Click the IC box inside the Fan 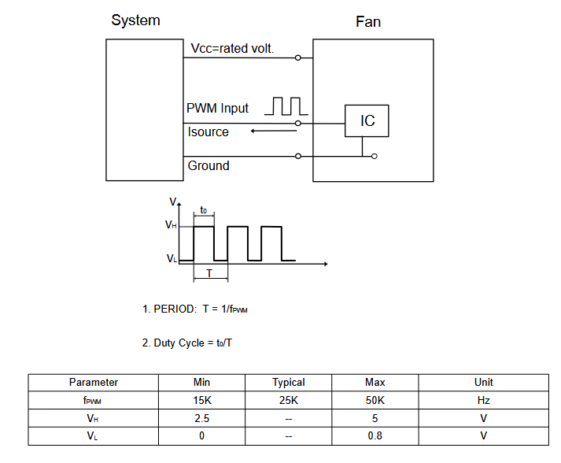point(367,120)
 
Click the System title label point(135,20)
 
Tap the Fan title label point(368,21)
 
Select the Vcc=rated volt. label point(233,49)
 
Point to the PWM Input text point(217,108)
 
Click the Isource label point(209,131)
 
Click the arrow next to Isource point(275,131)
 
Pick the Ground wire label point(209,165)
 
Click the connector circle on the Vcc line point(298,57)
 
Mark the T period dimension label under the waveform point(209,272)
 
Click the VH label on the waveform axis point(171,225)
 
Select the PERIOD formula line point(195,309)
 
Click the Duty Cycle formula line point(187,343)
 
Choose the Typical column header point(289,382)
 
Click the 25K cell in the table point(289,400)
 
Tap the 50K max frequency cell point(375,400)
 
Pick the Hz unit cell point(483,400)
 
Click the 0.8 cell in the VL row point(375,435)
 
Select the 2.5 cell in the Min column point(201,418)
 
